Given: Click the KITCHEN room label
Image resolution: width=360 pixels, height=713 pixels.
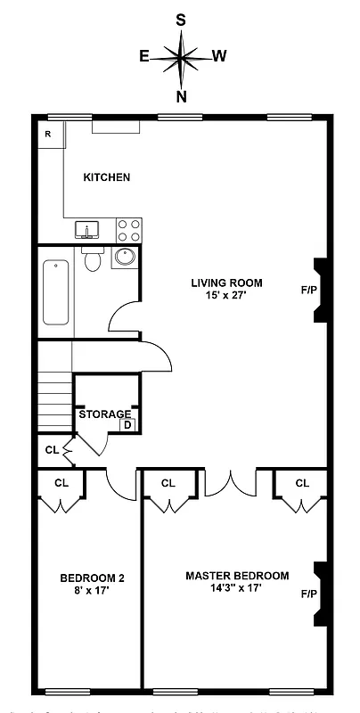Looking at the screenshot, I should pos(106,177).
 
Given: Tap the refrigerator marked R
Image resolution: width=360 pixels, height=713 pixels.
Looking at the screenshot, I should pos(48,134).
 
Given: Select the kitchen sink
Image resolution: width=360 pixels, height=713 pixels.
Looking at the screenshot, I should pos(87,231).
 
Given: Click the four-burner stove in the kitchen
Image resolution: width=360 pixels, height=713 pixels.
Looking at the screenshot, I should pos(128,231).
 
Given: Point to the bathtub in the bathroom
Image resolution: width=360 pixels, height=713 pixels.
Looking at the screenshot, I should pos(56,292).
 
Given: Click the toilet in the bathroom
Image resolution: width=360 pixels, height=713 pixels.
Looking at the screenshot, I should pos(92,259).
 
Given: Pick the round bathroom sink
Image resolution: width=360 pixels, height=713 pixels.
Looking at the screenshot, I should pos(124,258).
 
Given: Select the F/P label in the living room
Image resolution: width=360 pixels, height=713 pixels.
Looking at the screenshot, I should pos(308,290).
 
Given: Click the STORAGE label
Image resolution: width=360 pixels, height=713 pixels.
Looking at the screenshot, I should pos(105,414).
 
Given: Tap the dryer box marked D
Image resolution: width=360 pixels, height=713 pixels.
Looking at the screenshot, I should pos(127,425).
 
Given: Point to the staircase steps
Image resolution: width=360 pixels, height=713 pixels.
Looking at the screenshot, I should pos(54,401).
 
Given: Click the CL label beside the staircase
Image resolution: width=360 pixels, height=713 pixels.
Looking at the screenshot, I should pos(51,449).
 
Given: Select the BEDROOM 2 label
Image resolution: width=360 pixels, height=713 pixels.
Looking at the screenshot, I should pos(92,578).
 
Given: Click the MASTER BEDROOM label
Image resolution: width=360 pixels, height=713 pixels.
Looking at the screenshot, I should pos(237,576).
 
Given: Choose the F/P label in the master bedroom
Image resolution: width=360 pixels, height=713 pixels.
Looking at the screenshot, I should pos(308,594).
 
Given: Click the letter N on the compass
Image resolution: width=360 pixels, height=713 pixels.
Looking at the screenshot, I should pos(182,96).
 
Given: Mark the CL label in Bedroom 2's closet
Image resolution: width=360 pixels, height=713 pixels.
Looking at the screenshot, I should pos(61,483).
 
